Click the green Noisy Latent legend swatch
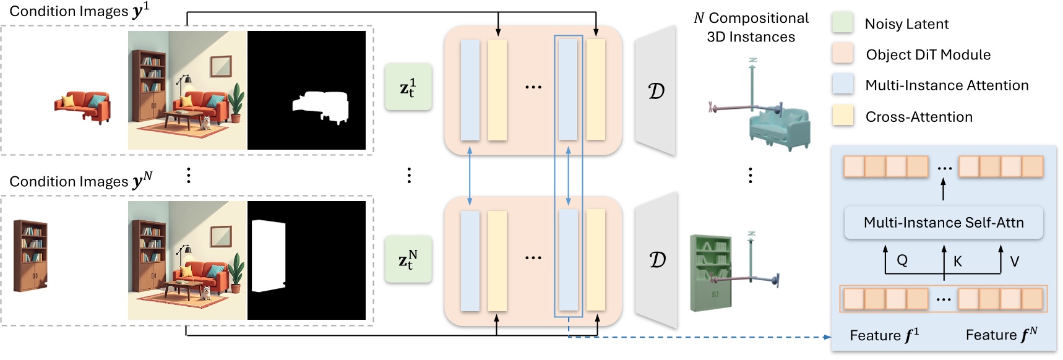843,22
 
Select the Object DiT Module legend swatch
843,53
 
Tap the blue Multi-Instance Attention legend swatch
843,84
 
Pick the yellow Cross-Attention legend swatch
843,116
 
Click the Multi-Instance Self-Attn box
944,223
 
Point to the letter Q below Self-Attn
902,260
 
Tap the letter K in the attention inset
957,261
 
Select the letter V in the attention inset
1014,261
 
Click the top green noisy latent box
408,87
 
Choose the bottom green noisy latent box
408,259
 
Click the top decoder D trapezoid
656,91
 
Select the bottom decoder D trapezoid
657,260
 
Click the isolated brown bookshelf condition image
30,255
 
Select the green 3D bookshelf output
710,272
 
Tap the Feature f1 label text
884,335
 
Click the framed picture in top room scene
220,66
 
